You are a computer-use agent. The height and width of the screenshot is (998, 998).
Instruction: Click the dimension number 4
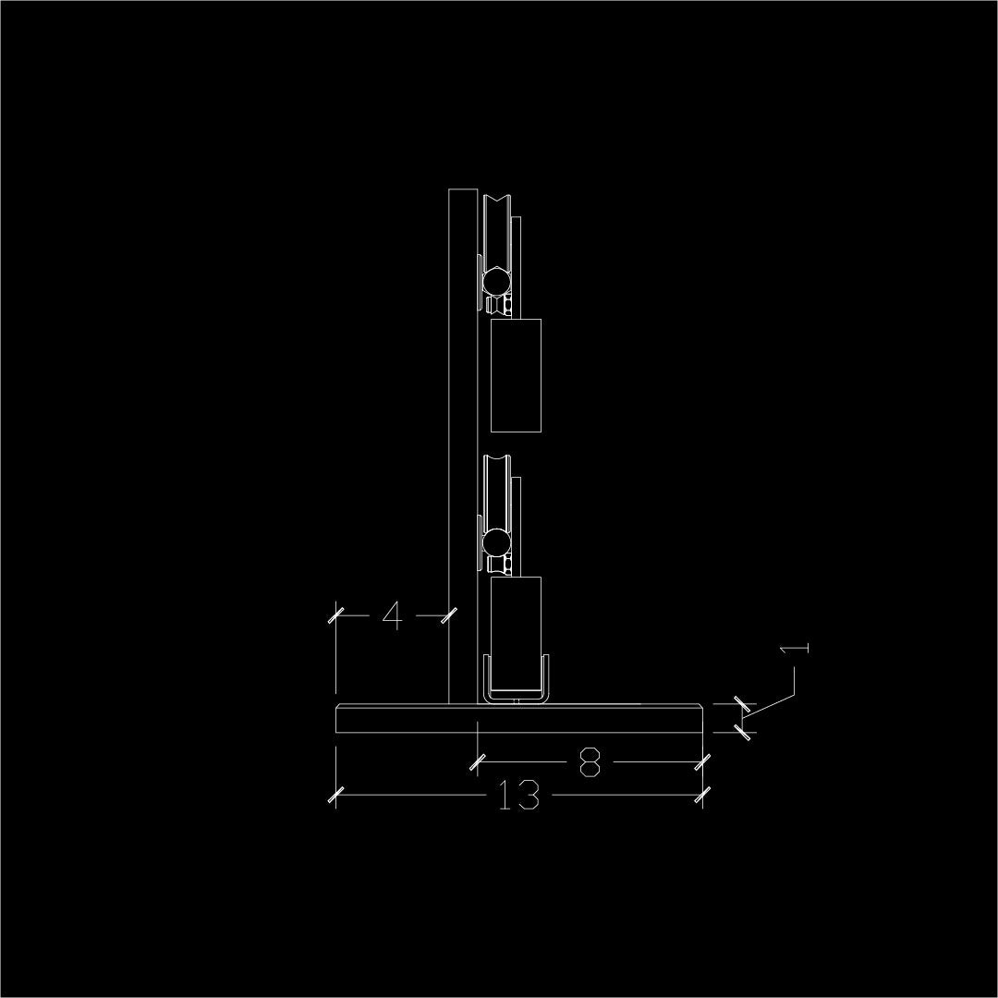[392, 615]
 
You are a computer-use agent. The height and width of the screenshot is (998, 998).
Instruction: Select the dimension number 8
[590, 763]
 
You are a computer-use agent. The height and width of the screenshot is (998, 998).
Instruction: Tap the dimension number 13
[518, 796]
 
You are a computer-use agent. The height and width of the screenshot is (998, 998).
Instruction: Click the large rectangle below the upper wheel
[515, 375]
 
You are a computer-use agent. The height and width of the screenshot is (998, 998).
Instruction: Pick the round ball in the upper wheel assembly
[496, 278]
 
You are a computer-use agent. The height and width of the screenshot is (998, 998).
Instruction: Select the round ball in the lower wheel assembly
[496, 540]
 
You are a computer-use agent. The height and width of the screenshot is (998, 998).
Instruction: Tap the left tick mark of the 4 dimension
[335, 615]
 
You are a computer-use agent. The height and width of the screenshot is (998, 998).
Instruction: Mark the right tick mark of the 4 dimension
[449, 615]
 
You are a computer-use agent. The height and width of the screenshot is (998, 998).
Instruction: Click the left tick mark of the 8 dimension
[477, 762]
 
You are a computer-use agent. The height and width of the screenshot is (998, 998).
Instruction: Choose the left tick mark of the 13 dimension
[336, 794]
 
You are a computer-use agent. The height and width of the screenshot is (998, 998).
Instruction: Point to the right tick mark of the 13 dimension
[703, 794]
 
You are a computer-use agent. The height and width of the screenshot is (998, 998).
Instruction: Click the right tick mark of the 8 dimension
[703, 762]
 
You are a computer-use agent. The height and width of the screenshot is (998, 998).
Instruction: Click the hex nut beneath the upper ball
[500, 304]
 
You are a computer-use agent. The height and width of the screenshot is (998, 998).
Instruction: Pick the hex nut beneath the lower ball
[500, 564]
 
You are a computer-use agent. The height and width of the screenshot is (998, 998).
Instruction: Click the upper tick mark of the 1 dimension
[741, 705]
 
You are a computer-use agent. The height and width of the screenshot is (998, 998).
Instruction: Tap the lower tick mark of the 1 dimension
[741, 732]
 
